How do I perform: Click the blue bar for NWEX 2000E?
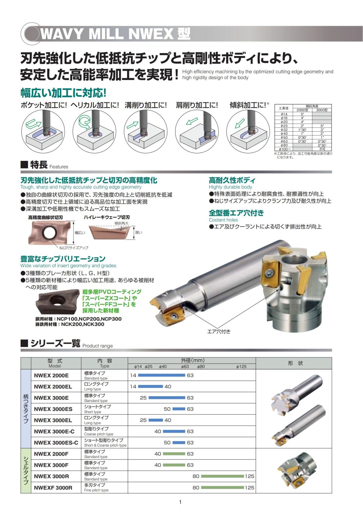pyautogui.click(x=161, y=375)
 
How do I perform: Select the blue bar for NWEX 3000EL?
pyautogui.click(x=155, y=420)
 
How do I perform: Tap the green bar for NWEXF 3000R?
pyautogui.click(x=222, y=487)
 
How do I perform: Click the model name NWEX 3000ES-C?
pyautogui.click(x=56, y=443)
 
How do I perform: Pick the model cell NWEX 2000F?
pyautogui.click(x=51, y=454)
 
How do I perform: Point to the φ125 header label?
pyautogui.click(x=241, y=366)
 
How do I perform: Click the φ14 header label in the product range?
pyautogui.click(x=138, y=366)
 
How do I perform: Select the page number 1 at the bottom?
pyautogui.click(x=180, y=502)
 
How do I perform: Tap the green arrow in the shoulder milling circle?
pyautogui.click(x=191, y=121)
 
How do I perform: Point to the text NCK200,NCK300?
pyautogui.click(x=83, y=324)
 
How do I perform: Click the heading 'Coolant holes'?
pyautogui.click(x=223, y=220)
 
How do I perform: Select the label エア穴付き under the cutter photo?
pyautogui.click(x=219, y=331)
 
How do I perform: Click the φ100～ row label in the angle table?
pyautogui.click(x=283, y=149)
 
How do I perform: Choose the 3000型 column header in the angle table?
pyautogui.click(x=322, y=110)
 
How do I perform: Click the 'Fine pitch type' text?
pyautogui.click(x=96, y=490)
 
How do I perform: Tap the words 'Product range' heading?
pyautogui.click(x=98, y=346)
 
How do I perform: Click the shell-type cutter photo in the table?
pyautogui.click(x=297, y=470)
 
